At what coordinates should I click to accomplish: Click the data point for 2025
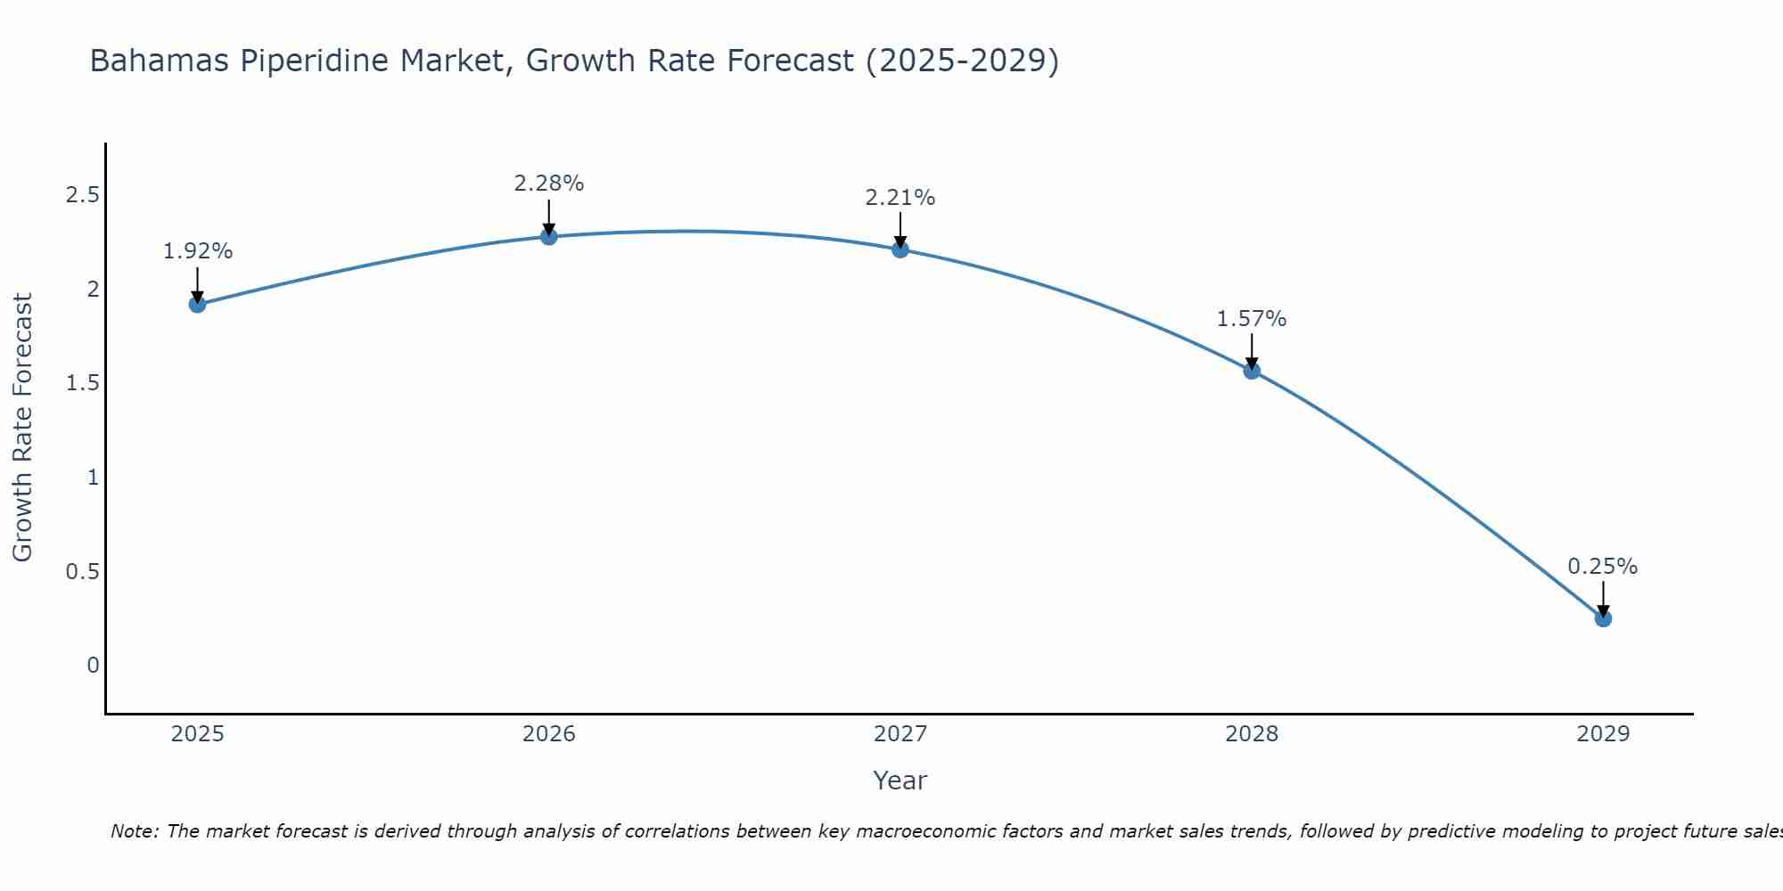(197, 305)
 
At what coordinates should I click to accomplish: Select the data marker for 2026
(549, 236)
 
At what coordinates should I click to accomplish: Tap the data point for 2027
(900, 249)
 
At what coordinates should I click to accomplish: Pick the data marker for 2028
(1252, 371)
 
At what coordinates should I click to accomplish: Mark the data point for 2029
(1603, 618)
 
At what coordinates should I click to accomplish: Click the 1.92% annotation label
(197, 251)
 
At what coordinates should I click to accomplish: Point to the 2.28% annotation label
(549, 184)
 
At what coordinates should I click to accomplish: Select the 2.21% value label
(900, 198)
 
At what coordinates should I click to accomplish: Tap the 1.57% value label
(1252, 319)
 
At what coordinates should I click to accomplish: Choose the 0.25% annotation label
(1603, 567)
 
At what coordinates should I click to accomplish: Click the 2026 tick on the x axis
(549, 734)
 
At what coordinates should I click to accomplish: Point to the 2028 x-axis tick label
(1252, 734)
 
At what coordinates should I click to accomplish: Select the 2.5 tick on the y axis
(82, 195)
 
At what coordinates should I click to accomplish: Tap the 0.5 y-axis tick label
(82, 571)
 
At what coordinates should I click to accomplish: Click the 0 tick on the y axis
(93, 666)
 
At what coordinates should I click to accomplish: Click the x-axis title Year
(900, 781)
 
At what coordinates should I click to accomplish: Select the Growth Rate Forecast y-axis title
(22, 428)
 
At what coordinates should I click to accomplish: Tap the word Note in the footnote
(134, 831)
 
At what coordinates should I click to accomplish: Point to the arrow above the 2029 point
(1603, 598)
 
